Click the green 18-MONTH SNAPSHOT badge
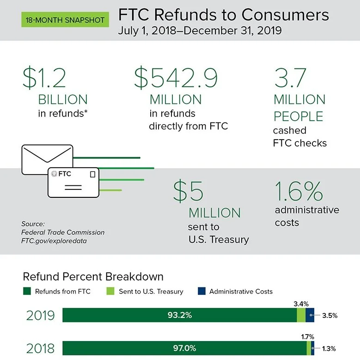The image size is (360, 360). [64, 20]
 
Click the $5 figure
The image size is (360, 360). [188, 191]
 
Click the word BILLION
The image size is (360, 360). [63, 99]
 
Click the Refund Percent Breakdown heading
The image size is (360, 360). [93, 277]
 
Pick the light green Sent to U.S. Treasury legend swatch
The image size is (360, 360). [110, 292]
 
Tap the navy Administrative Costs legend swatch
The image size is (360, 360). [201, 292]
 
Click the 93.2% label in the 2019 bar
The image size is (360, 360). [180, 316]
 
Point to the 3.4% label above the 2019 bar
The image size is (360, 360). [301, 304]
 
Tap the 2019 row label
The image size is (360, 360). [40, 316]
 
